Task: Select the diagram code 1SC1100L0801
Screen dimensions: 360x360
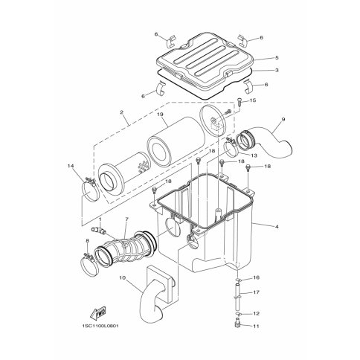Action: point(100,326)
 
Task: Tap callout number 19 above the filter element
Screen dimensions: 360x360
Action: point(161,115)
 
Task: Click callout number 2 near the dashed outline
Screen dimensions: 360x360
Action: point(121,112)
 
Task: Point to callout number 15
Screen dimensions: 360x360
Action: point(253,100)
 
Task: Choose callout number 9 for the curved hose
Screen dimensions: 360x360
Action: point(283,119)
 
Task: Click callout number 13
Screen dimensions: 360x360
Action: point(254,155)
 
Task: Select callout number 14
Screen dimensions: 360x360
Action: point(71,166)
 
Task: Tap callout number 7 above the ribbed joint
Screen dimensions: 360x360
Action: point(126,219)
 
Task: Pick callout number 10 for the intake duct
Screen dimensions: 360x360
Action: point(123,278)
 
